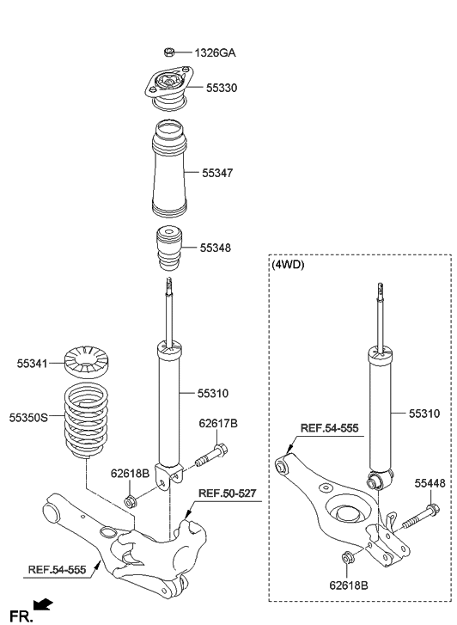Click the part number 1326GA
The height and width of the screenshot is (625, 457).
215,53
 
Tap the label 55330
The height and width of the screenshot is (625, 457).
221,88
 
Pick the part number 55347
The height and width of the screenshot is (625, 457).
218,173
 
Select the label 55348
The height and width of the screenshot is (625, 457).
216,248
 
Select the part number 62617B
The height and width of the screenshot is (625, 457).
218,423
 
